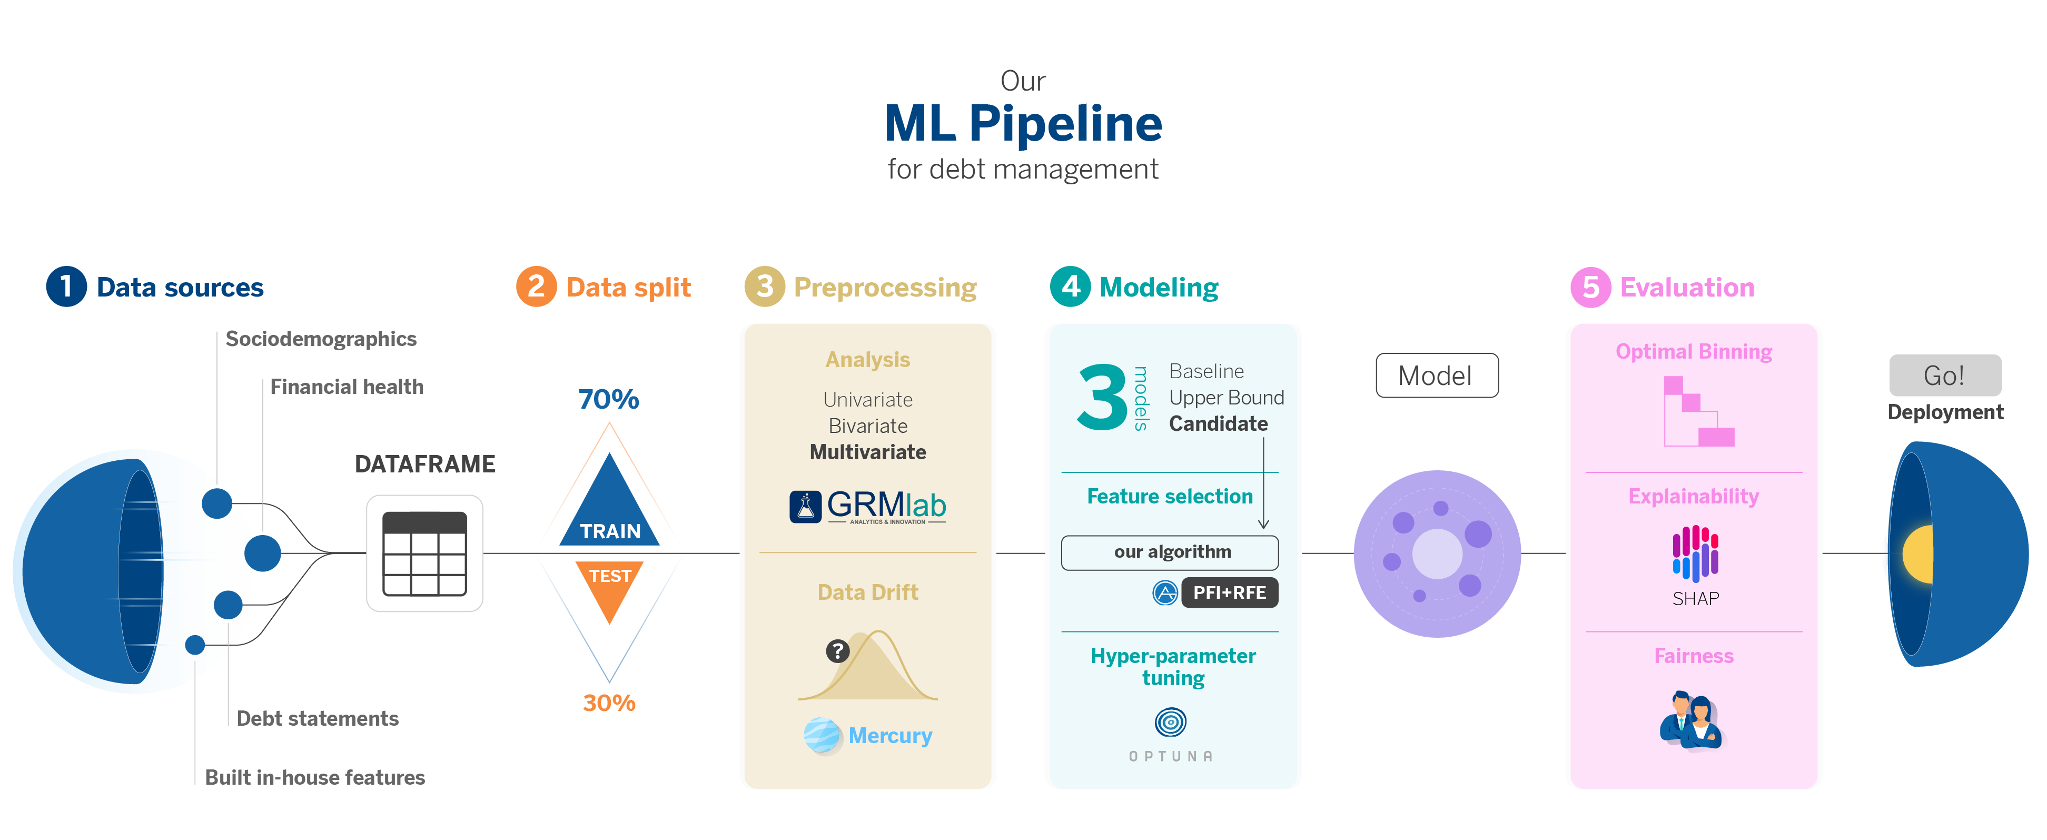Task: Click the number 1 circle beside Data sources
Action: (66, 287)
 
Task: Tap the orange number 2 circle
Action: (537, 287)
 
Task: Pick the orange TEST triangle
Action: (609, 588)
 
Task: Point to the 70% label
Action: (609, 399)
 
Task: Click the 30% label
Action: (609, 703)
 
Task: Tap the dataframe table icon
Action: (424, 554)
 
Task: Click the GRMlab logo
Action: (868, 506)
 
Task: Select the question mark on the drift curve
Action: (837, 651)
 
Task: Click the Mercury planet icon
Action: (822, 735)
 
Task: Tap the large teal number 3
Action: (1101, 397)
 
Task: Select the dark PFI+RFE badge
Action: (1229, 593)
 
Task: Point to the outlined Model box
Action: (1437, 375)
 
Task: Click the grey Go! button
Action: (1944, 375)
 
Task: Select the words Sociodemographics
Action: (321, 339)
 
